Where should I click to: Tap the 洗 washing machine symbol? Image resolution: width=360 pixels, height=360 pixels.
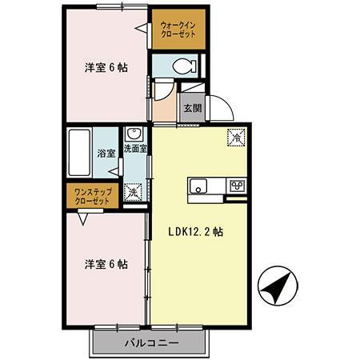tap(134, 193)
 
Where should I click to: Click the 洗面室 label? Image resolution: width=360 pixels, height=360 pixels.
tap(134, 148)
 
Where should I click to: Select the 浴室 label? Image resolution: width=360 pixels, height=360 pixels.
tap(106, 152)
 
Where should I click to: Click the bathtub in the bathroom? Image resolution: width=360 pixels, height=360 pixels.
tap(80, 152)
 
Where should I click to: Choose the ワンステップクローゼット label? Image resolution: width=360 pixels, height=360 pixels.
tap(91, 196)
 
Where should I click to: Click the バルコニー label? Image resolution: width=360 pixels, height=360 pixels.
tap(150, 344)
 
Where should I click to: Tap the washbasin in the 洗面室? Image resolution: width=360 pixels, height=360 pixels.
tap(134, 134)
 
